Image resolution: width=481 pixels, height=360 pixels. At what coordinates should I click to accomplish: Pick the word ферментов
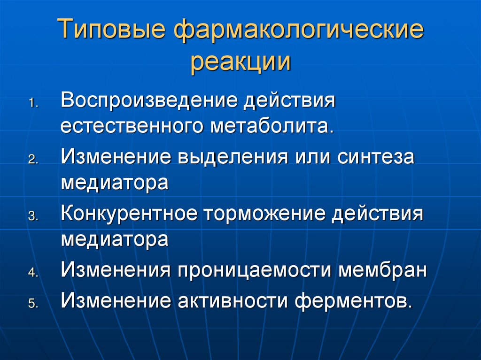pyautogui.click(x=353, y=301)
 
